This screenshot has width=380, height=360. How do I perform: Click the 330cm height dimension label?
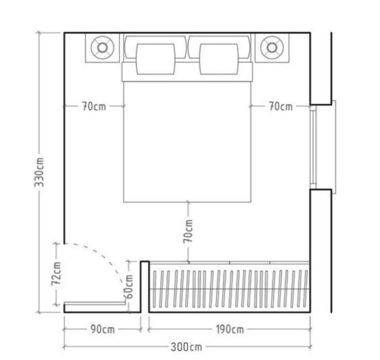[39, 172]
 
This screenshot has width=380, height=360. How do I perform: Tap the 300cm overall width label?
[186, 347]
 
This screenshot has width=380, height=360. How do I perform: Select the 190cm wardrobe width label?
[230, 329]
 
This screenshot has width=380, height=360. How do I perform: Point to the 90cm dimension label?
[103, 329]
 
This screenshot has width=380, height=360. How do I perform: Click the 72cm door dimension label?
[56, 273]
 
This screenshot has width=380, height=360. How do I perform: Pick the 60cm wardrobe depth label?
[128, 286]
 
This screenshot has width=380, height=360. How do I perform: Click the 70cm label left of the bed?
[94, 106]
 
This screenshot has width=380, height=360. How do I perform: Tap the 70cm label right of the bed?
[281, 106]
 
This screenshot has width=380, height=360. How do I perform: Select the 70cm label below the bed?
[188, 231]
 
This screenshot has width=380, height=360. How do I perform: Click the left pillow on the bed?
[155, 59]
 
